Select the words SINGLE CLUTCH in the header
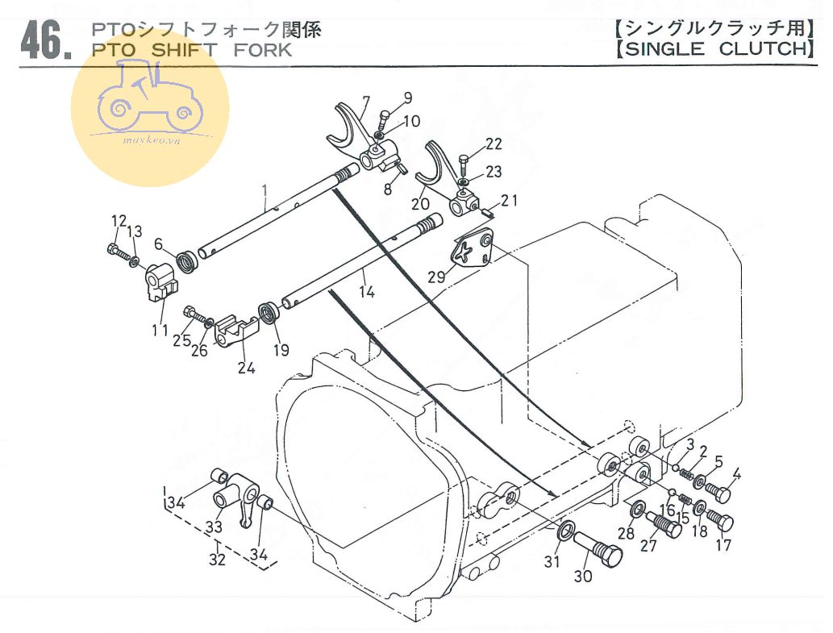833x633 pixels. (x=711, y=48)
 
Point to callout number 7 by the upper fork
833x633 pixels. (x=365, y=102)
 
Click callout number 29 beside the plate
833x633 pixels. (x=436, y=276)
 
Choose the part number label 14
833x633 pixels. (x=367, y=292)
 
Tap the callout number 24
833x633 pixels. (x=246, y=369)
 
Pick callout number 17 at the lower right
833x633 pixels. (x=723, y=545)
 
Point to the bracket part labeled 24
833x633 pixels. (x=237, y=331)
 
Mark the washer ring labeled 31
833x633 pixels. (x=566, y=531)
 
